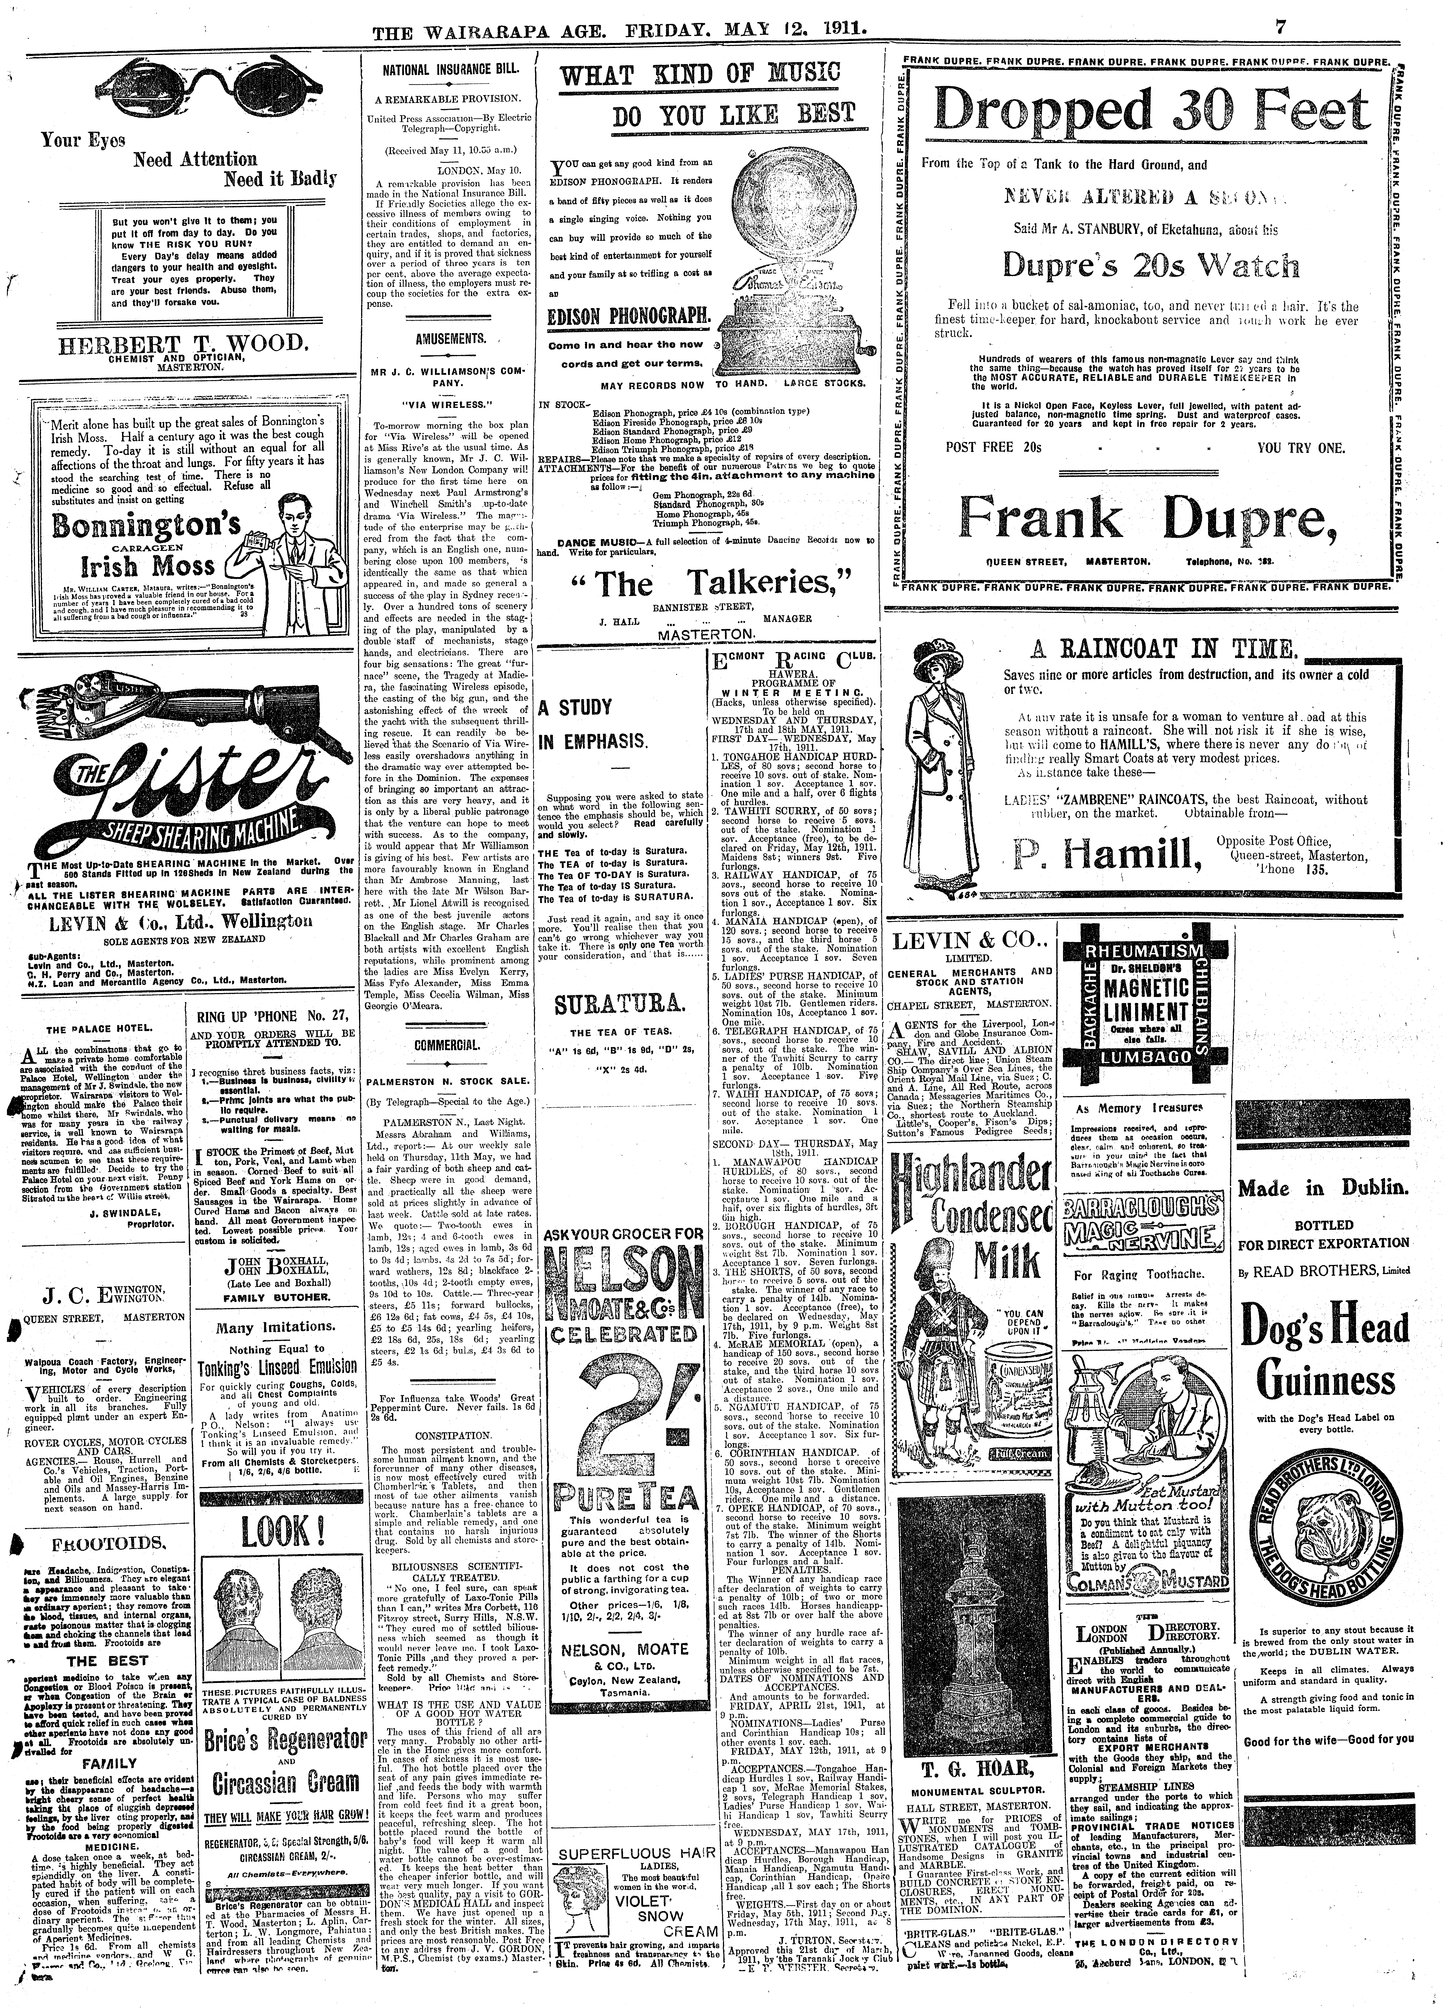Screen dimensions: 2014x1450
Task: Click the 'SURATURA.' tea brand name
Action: (619, 1006)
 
